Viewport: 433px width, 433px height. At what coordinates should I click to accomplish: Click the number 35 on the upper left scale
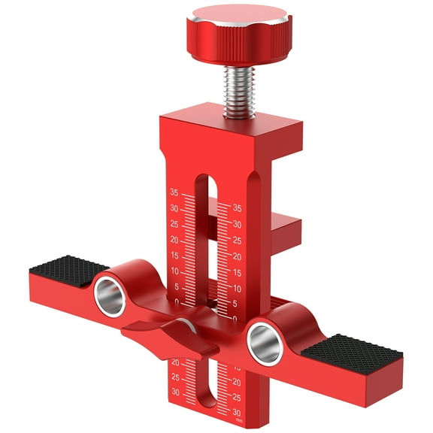[x=174, y=192]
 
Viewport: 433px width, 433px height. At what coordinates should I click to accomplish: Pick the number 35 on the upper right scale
[x=237, y=208]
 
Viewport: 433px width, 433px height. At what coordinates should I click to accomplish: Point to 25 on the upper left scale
[x=174, y=224]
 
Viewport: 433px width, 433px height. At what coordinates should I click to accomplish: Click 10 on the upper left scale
[x=174, y=271]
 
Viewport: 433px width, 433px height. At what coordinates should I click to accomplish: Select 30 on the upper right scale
[x=237, y=224]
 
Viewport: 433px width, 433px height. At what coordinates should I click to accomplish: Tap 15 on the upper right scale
[x=237, y=272]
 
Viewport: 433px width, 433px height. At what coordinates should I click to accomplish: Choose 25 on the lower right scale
[x=238, y=396]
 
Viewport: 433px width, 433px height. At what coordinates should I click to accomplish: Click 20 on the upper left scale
[x=174, y=240]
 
